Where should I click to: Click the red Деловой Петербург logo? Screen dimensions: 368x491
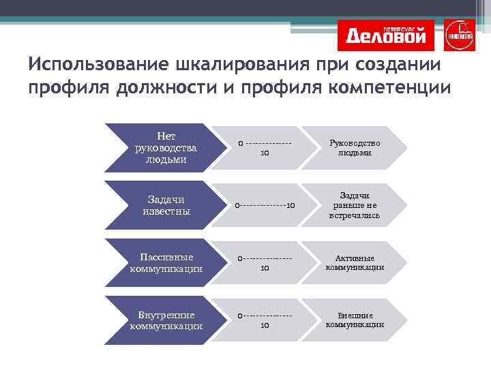click(386, 35)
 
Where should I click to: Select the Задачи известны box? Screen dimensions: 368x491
click(164, 205)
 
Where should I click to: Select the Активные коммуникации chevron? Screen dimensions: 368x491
click(355, 262)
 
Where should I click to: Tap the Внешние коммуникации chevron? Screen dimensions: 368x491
click(355, 320)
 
